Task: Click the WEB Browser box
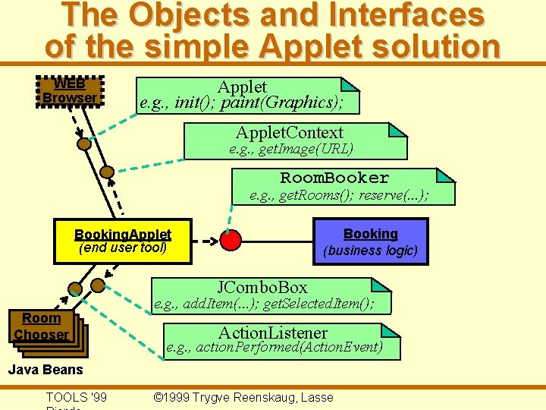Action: point(70,91)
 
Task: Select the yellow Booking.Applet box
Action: point(123,241)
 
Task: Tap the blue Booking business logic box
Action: point(370,241)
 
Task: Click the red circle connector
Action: point(231,241)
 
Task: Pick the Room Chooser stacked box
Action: point(42,326)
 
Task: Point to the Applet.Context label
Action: point(289,133)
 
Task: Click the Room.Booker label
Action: point(334,178)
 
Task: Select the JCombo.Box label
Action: point(262,287)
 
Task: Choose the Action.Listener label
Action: point(273,333)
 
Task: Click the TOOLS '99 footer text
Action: point(76,397)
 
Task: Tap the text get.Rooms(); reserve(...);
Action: point(339,196)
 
